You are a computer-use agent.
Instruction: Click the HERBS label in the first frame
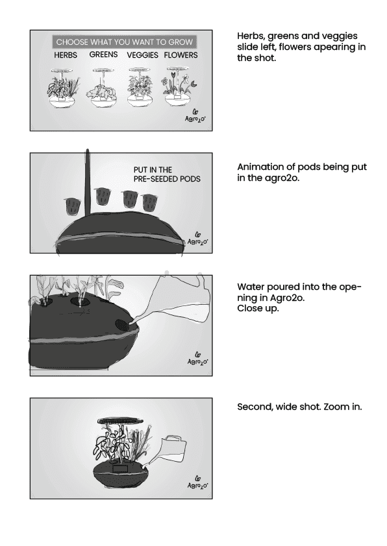tap(66, 55)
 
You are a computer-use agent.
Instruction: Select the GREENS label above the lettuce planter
tap(103, 54)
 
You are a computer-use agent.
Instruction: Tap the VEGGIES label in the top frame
tap(142, 55)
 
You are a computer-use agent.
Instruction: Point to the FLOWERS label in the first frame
tap(181, 55)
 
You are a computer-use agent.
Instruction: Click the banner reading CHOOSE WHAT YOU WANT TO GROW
tap(125, 42)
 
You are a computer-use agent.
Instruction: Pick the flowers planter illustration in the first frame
tap(179, 88)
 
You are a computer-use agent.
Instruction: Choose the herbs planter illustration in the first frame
tap(63, 88)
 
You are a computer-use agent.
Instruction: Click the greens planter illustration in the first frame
tap(103, 88)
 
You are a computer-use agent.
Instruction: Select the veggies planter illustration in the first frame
tap(140, 88)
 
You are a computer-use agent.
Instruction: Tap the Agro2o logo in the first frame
tap(195, 116)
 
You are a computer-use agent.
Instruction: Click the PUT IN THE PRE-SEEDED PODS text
tap(167, 174)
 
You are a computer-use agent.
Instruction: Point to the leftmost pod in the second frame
tap(73, 207)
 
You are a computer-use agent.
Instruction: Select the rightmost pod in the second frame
tap(150, 203)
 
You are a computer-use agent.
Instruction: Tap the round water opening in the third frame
tap(121, 325)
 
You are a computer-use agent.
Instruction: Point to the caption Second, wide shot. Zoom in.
tap(299, 407)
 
